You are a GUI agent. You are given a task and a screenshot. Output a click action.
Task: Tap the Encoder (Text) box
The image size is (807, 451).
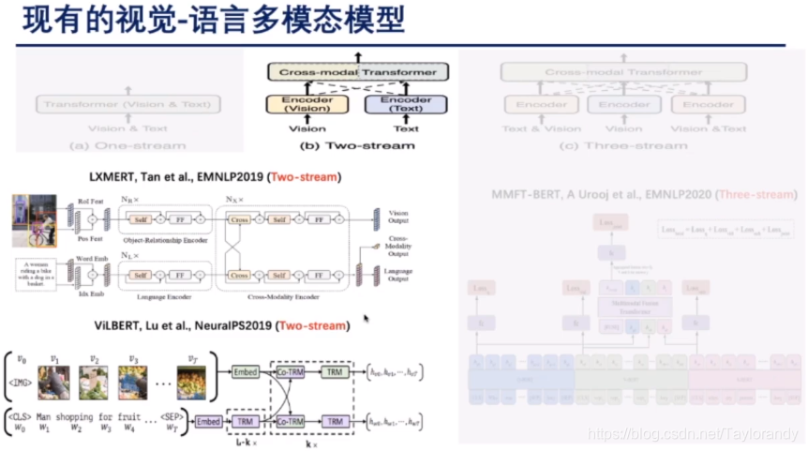click(x=406, y=106)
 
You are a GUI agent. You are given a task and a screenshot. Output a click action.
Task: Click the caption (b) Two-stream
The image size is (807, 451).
click(x=356, y=145)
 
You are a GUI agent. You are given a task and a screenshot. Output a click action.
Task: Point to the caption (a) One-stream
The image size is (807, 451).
click(x=128, y=145)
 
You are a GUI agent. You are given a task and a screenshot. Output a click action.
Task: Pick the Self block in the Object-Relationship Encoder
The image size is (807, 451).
click(x=142, y=219)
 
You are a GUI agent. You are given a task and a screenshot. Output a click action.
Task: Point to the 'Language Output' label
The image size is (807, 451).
click(x=399, y=275)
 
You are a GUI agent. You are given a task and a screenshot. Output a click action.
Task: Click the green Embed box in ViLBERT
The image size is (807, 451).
click(x=247, y=372)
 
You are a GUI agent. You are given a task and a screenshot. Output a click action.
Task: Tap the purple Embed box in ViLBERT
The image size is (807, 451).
click(x=210, y=422)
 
